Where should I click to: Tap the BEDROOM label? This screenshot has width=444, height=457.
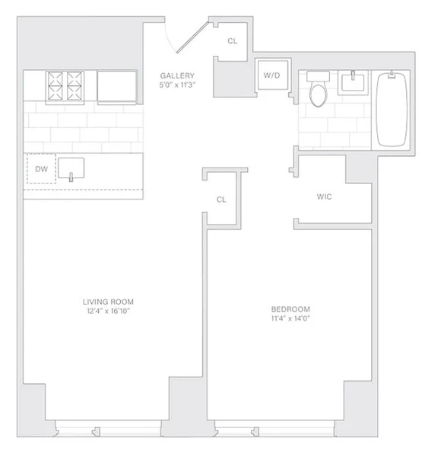pos(290,308)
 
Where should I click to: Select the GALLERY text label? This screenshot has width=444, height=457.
pos(178,75)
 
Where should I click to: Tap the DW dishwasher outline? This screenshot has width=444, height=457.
pos(41,170)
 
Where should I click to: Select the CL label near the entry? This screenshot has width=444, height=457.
pos(233,41)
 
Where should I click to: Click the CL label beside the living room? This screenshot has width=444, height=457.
pos(221,200)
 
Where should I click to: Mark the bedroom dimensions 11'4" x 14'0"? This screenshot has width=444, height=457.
pos(290,318)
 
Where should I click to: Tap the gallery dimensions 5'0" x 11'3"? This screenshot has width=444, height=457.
pos(178,85)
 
